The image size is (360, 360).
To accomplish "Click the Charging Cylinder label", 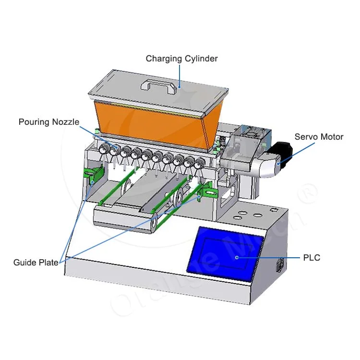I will coord(181,59).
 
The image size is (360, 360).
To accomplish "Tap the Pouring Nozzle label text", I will coord(49,122).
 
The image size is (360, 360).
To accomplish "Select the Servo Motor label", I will coord(319,137).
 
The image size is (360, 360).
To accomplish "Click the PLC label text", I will coord(312,258).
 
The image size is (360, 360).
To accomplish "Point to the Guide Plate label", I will coord(36,263).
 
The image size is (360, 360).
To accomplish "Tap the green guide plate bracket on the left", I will coord(94,174).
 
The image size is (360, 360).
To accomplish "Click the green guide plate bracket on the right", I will coord(207,191).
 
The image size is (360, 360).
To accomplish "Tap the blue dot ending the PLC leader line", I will coord(237,257).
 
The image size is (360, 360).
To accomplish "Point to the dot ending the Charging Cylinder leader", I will coord(179,87).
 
